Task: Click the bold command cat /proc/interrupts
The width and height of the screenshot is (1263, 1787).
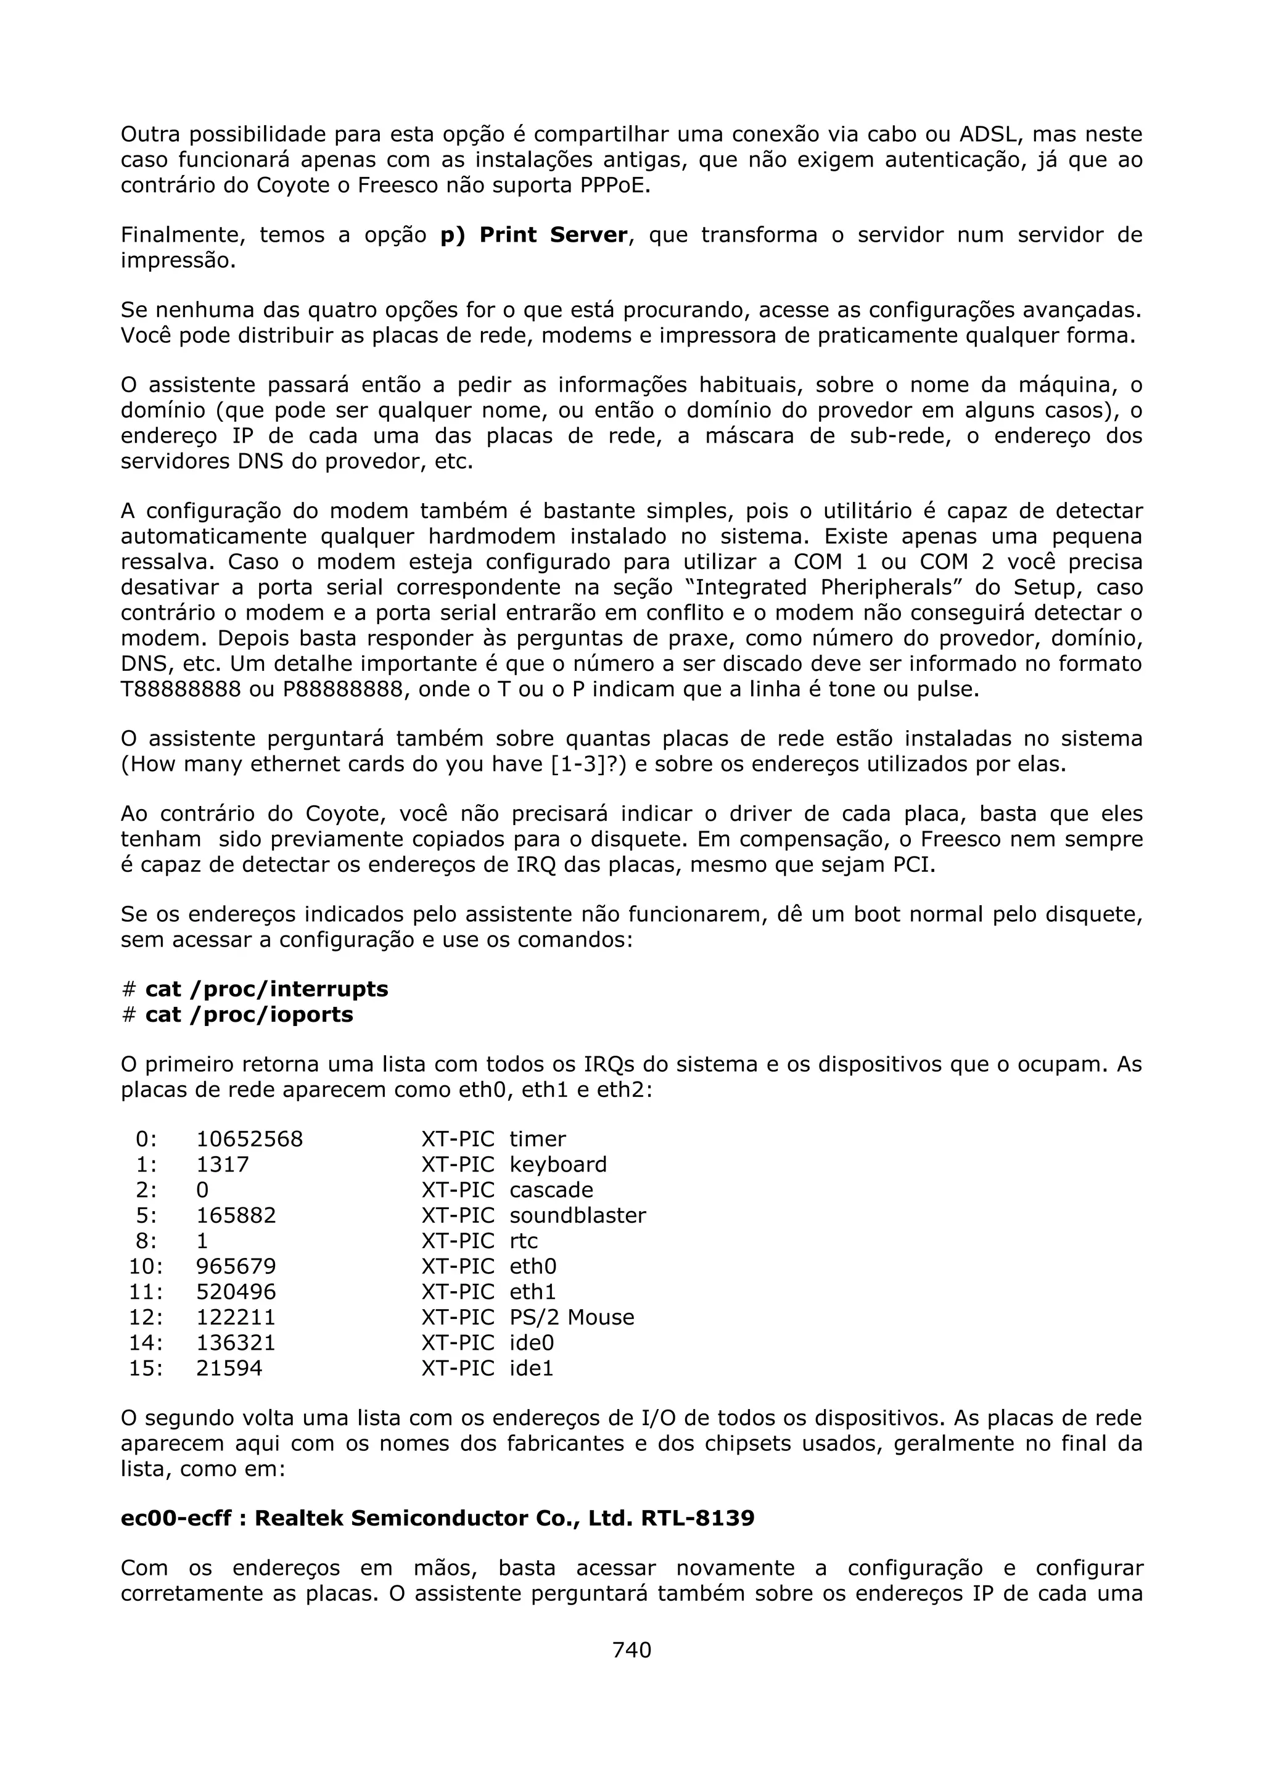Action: pyautogui.click(x=266, y=989)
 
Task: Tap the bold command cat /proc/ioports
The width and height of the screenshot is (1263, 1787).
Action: pyautogui.click(x=249, y=1015)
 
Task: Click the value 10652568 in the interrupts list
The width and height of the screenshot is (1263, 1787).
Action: pyautogui.click(x=249, y=1140)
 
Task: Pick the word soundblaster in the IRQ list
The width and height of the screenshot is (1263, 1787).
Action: pyautogui.click(x=577, y=1216)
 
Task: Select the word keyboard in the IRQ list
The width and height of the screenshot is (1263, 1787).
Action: pyautogui.click(x=558, y=1165)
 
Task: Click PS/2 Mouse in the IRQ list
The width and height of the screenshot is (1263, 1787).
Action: pyautogui.click(x=571, y=1318)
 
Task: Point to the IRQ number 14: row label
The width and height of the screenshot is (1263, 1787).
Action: pyautogui.click(x=146, y=1344)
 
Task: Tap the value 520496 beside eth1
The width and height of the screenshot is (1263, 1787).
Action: pyautogui.click(x=236, y=1292)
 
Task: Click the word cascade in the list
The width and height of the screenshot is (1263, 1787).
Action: pyautogui.click(x=551, y=1190)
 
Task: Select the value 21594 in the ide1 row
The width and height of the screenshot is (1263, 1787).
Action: pyautogui.click(x=229, y=1368)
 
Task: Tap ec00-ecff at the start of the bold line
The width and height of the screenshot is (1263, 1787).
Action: pyautogui.click(x=176, y=1519)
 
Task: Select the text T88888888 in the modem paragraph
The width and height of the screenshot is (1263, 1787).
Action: pyautogui.click(x=181, y=689)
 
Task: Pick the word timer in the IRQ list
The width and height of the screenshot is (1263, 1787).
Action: pyautogui.click(x=538, y=1140)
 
